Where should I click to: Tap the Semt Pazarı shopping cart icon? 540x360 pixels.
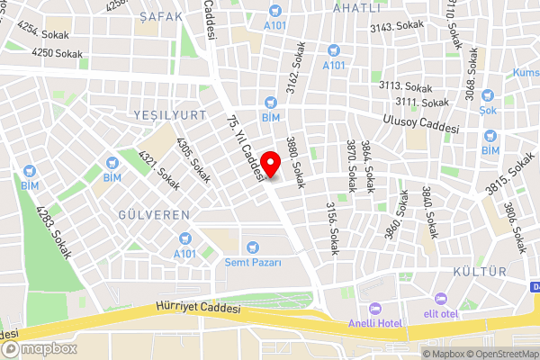tap(253, 246)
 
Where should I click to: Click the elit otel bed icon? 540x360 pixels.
tap(440, 299)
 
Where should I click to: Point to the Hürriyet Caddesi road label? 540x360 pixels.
tap(198, 308)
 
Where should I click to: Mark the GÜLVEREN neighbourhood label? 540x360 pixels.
tap(154, 215)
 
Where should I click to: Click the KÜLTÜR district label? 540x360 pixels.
tap(481, 271)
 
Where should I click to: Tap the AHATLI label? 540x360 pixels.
tap(358, 7)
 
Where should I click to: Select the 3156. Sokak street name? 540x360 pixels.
tap(330, 221)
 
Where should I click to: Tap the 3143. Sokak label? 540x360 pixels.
tap(396, 28)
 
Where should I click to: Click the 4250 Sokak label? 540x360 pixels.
tap(57, 54)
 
